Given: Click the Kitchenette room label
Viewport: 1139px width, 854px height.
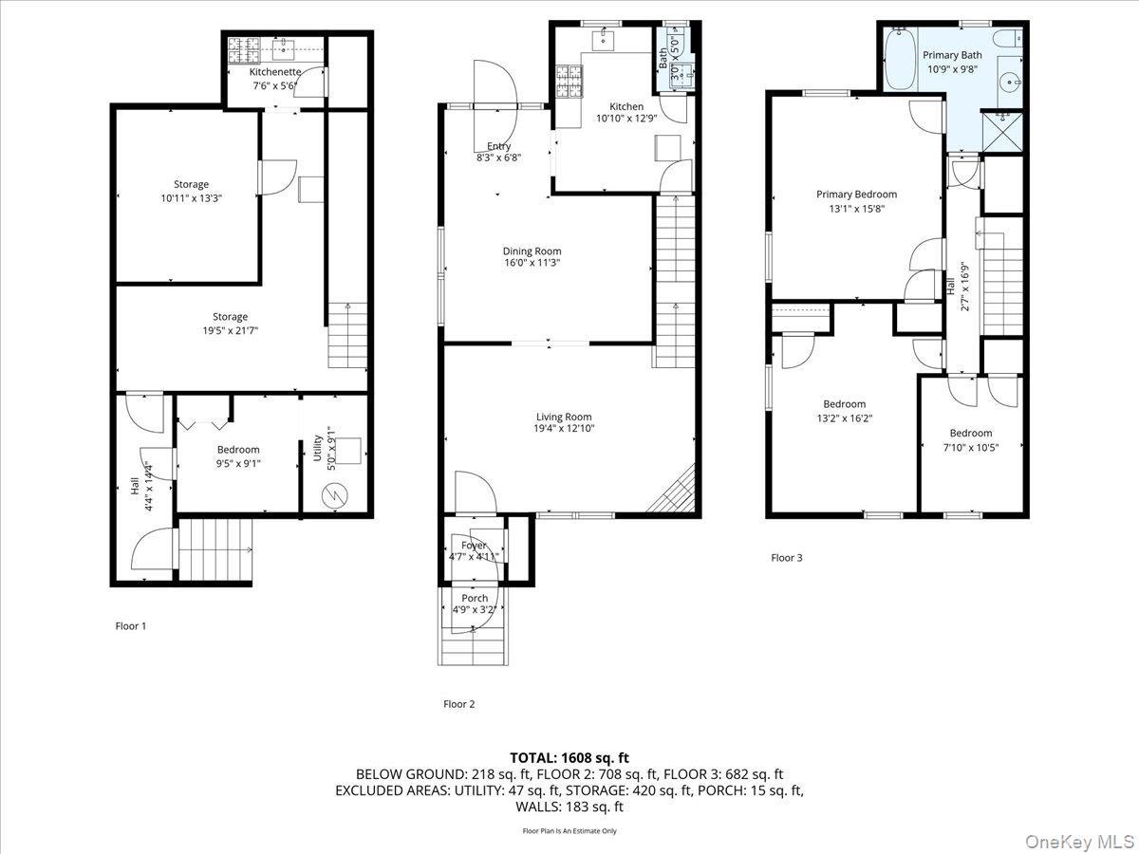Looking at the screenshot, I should [275, 72].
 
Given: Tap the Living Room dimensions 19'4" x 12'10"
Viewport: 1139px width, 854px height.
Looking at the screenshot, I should [564, 429].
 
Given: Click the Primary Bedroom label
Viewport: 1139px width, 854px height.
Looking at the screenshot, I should [856, 195].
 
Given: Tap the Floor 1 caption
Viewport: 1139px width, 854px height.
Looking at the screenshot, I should [131, 626].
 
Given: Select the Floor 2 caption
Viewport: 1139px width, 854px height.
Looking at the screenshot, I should [458, 704].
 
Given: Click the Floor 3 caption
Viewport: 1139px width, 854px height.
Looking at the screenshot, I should [786, 558].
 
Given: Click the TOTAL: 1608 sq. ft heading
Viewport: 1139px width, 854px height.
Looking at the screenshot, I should [569, 758].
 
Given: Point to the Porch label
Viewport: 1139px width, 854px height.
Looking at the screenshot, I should [475, 599].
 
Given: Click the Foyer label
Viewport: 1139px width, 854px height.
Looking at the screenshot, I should [474, 546].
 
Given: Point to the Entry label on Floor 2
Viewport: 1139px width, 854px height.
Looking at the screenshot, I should [498, 146].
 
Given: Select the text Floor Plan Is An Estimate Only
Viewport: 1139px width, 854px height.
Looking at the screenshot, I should [569, 831].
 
